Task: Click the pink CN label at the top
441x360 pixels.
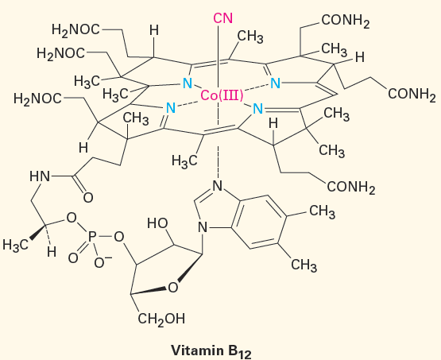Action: pyautogui.click(x=223, y=18)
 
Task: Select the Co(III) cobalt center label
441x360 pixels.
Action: pyautogui.click(x=222, y=96)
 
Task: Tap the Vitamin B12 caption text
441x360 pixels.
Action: pyautogui.click(x=211, y=351)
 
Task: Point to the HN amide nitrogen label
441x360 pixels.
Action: pyautogui.click(x=40, y=177)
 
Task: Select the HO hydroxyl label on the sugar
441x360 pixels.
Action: pyautogui.click(x=157, y=223)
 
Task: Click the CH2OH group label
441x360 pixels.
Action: pyautogui.click(x=161, y=319)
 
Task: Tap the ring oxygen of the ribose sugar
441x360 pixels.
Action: pyautogui.click(x=173, y=288)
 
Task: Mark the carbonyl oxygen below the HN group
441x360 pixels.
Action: pyautogui.click(x=88, y=198)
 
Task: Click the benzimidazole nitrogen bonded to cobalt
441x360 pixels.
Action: pyautogui.click(x=218, y=186)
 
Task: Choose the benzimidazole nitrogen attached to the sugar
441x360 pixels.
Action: pyautogui.click(x=203, y=227)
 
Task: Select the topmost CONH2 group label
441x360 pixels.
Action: pyautogui.click(x=346, y=21)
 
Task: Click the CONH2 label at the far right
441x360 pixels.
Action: pyautogui.click(x=412, y=95)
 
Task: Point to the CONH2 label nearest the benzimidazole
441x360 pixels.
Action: pyautogui.click(x=351, y=187)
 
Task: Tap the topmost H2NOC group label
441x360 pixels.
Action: pyautogui.click(x=75, y=30)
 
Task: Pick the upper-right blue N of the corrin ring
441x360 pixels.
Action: pyautogui.click(x=276, y=83)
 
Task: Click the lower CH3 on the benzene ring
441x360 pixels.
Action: pyautogui.click(x=304, y=265)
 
